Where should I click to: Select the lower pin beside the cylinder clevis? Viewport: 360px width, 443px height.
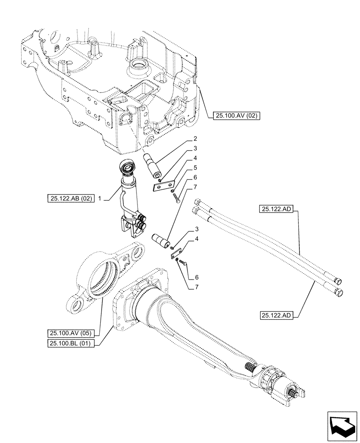click(160, 242)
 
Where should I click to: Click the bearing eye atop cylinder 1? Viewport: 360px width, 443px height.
click(129, 167)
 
